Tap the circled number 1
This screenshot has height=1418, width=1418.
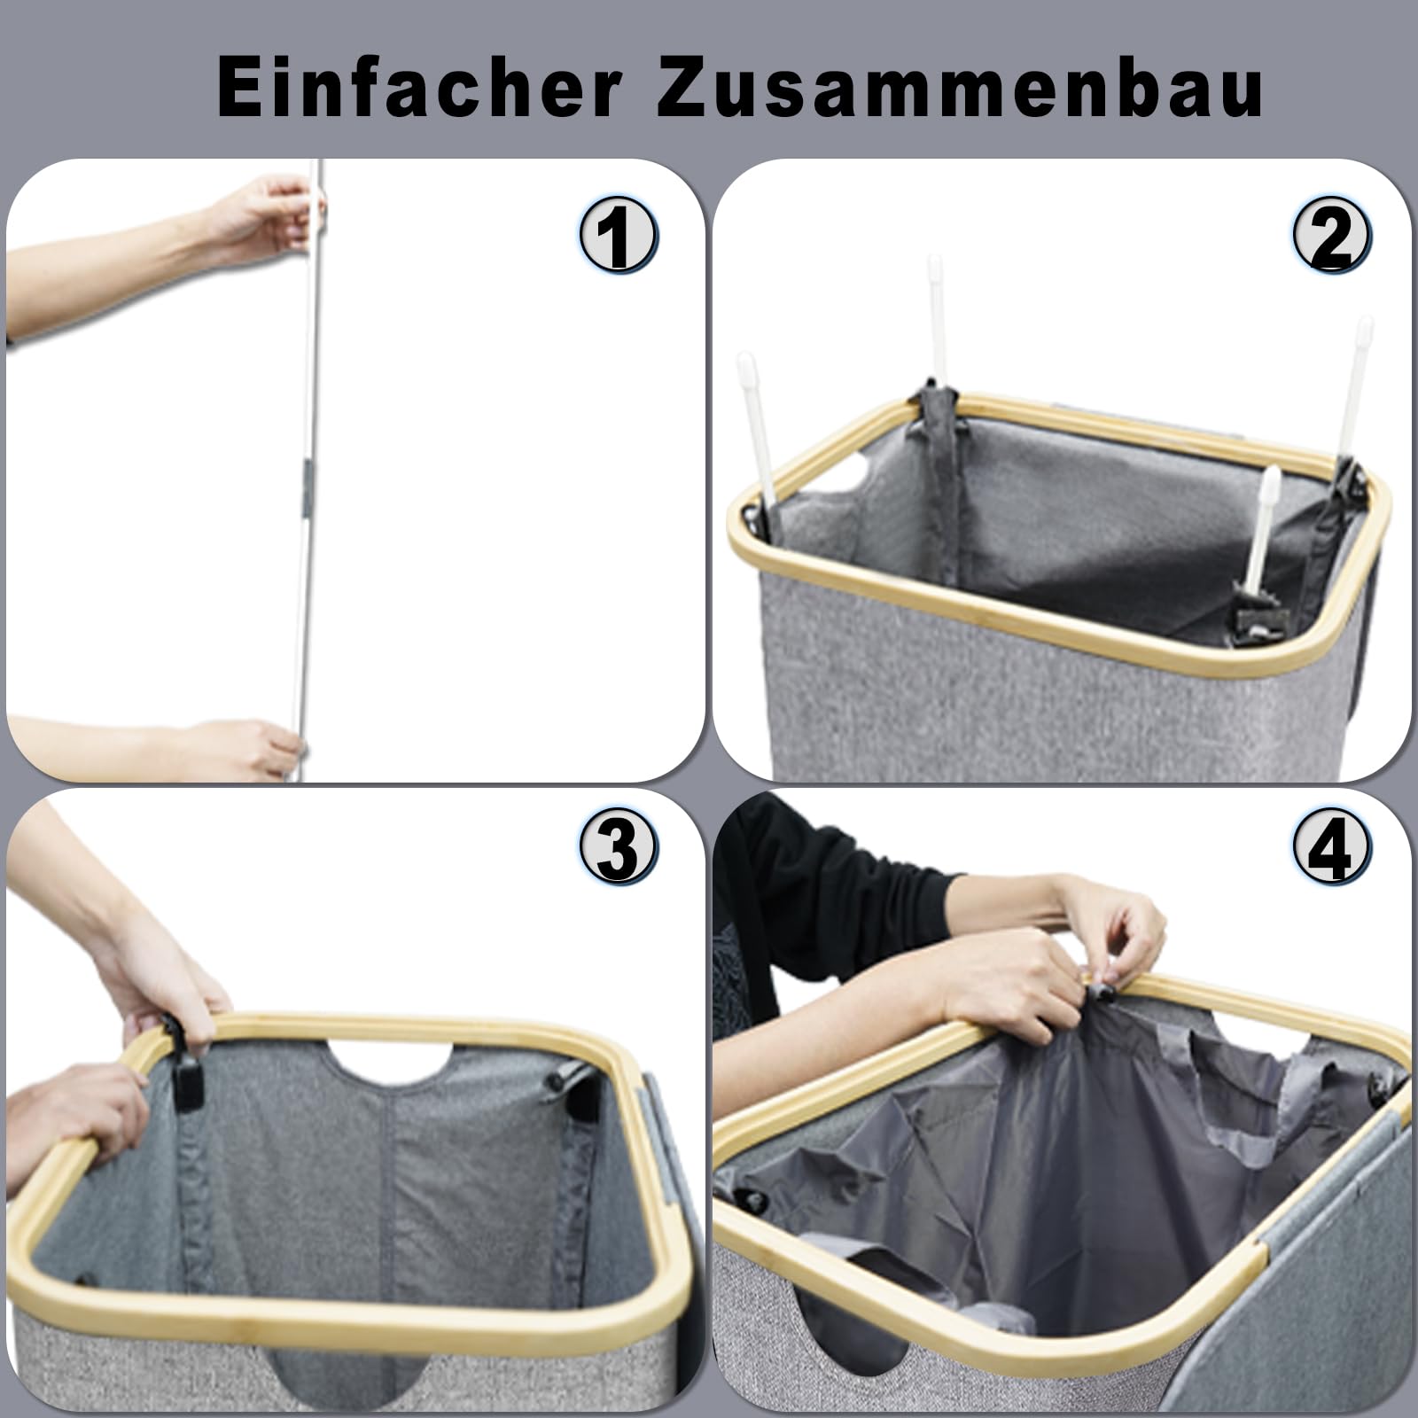(x=619, y=236)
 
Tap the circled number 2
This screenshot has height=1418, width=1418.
(x=1332, y=236)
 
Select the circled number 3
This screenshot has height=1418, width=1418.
(x=619, y=848)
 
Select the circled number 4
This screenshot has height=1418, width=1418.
(x=1332, y=848)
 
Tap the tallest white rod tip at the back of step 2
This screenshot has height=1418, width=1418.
(x=935, y=267)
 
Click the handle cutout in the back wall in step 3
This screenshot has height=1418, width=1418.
(x=390, y=1063)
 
